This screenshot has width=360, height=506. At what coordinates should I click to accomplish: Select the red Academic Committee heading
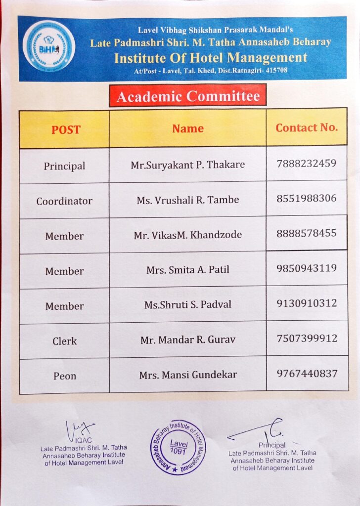coord(188,95)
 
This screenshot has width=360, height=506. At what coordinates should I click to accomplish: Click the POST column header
coord(66,129)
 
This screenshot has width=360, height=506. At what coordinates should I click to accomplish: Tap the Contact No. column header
coord(307,127)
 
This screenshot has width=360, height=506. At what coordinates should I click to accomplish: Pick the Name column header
coord(188,128)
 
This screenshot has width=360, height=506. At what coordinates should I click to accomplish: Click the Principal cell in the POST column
coord(64,166)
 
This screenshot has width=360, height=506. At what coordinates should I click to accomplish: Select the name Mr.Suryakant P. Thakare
coord(188,165)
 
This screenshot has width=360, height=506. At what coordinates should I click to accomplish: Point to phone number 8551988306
coord(307,198)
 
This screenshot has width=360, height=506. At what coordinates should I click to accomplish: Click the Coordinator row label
coord(64,201)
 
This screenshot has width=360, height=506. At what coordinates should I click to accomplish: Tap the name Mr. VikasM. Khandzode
coord(188,235)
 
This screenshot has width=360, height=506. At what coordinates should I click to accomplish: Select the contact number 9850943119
coord(307,268)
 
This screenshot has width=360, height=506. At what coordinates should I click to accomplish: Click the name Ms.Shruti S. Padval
coord(188,305)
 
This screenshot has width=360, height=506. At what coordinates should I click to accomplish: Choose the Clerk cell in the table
coord(64,341)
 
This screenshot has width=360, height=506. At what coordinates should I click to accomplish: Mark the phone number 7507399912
coord(307,338)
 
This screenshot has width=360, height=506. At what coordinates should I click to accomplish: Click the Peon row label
coord(64,376)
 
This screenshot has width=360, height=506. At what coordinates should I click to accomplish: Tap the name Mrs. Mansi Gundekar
coord(188,375)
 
